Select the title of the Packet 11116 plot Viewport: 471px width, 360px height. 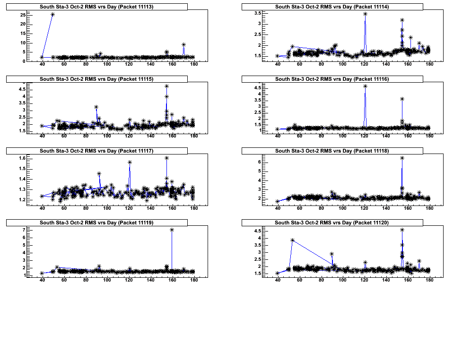pos(332,79)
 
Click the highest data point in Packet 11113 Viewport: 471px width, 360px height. pos(52,15)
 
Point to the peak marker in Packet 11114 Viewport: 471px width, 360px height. pos(365,14)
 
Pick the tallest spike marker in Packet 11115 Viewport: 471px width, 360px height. pos(167,86)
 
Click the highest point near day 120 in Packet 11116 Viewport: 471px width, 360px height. pos(365,86)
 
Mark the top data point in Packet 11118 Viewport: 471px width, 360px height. pos(402,158)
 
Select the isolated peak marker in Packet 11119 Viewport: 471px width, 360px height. pos(172,230)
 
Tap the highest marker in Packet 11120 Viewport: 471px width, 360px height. pos(402,230)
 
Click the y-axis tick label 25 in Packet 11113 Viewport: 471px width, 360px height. pos(23,15)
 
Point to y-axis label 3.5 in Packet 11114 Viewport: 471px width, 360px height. pos(258,13)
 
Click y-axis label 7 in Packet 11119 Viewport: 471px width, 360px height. pos(24,230)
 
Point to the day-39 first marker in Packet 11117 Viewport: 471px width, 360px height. pos(42,196)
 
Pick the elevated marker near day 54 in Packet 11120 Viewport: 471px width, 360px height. pos(293,240)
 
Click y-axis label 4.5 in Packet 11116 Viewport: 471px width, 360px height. pos(258,88)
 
